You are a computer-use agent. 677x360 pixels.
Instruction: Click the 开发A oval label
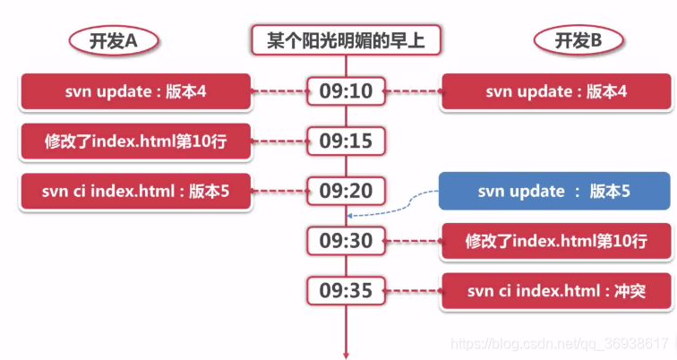(112, 40)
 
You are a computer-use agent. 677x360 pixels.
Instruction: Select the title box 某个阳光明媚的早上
(345, 40)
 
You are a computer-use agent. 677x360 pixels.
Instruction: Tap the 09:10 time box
(346, 90)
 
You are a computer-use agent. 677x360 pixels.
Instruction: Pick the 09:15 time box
(346, 141)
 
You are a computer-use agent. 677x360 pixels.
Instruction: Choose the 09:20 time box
(346, 191)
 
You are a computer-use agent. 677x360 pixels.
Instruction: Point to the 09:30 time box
(346, 240)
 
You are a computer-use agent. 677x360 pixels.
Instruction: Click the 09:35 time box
(346, 290)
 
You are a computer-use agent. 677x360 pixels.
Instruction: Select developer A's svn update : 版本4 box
(135, 91)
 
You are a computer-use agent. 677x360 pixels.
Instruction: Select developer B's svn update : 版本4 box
(555, 91)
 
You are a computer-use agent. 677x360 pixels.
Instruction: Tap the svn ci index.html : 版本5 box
(135, 192)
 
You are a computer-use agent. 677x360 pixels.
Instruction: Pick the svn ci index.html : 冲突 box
(555, 291)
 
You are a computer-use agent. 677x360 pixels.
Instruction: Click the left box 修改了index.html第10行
(135, 141)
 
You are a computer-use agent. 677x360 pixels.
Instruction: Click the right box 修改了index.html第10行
(555, 241)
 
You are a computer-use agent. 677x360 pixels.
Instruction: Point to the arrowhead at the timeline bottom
(346, 354)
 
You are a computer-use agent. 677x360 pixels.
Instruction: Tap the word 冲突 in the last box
(628, 291)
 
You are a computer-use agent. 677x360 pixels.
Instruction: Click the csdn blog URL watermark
(561, 344)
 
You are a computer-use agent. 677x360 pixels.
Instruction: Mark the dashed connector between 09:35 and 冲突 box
(413, 291)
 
